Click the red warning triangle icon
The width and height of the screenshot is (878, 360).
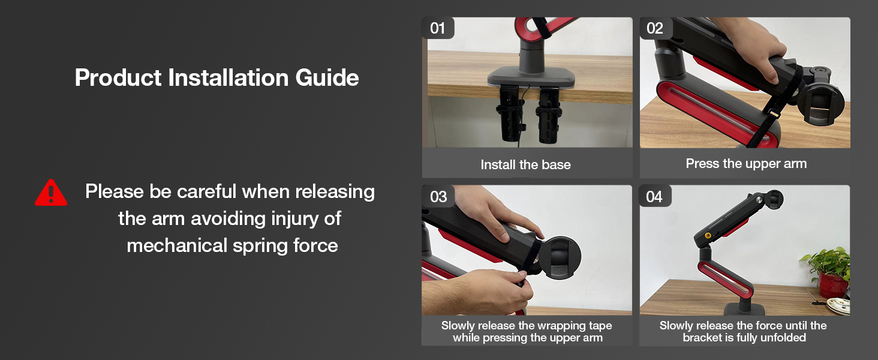pos(51,193)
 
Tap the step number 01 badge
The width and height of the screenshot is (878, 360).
pos(438,28)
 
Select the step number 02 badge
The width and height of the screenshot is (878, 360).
pos(655,28)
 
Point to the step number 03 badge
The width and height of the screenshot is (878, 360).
pos(438,197)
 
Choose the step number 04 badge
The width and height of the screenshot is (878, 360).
pos(654,197)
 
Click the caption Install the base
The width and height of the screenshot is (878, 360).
pos(525,164)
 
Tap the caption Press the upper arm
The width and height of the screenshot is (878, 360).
pos(746,163)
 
